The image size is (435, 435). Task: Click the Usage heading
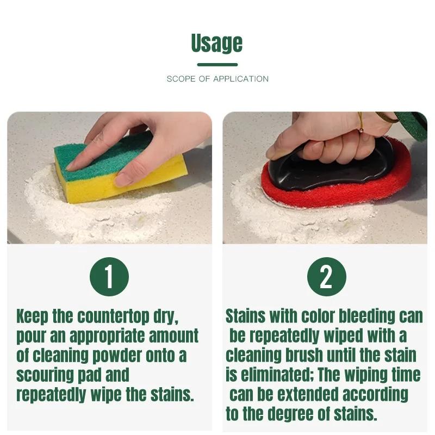tap(217, 43)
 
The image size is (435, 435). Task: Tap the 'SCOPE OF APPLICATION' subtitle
tap(217, 79)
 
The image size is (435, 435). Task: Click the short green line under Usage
tap(217, 65)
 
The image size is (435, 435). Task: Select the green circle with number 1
tap(109, 277)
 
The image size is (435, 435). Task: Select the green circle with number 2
tap(326, 277)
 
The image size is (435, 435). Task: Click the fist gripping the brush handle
tap(326, 141)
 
